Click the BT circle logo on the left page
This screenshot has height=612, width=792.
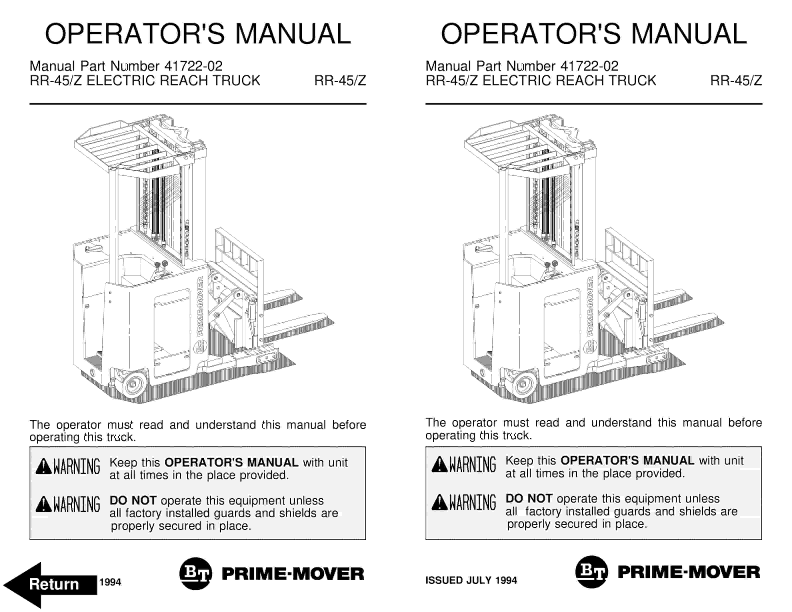[195, 573]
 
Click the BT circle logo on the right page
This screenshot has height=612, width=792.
[591, 572]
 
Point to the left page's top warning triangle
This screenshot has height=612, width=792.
[43, 466]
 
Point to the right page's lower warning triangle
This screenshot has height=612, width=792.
[439, 502]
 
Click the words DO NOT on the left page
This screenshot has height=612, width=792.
[133, 500]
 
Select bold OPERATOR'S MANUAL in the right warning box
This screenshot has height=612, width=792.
[627, 460]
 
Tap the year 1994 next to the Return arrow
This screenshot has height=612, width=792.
[110, 582]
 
